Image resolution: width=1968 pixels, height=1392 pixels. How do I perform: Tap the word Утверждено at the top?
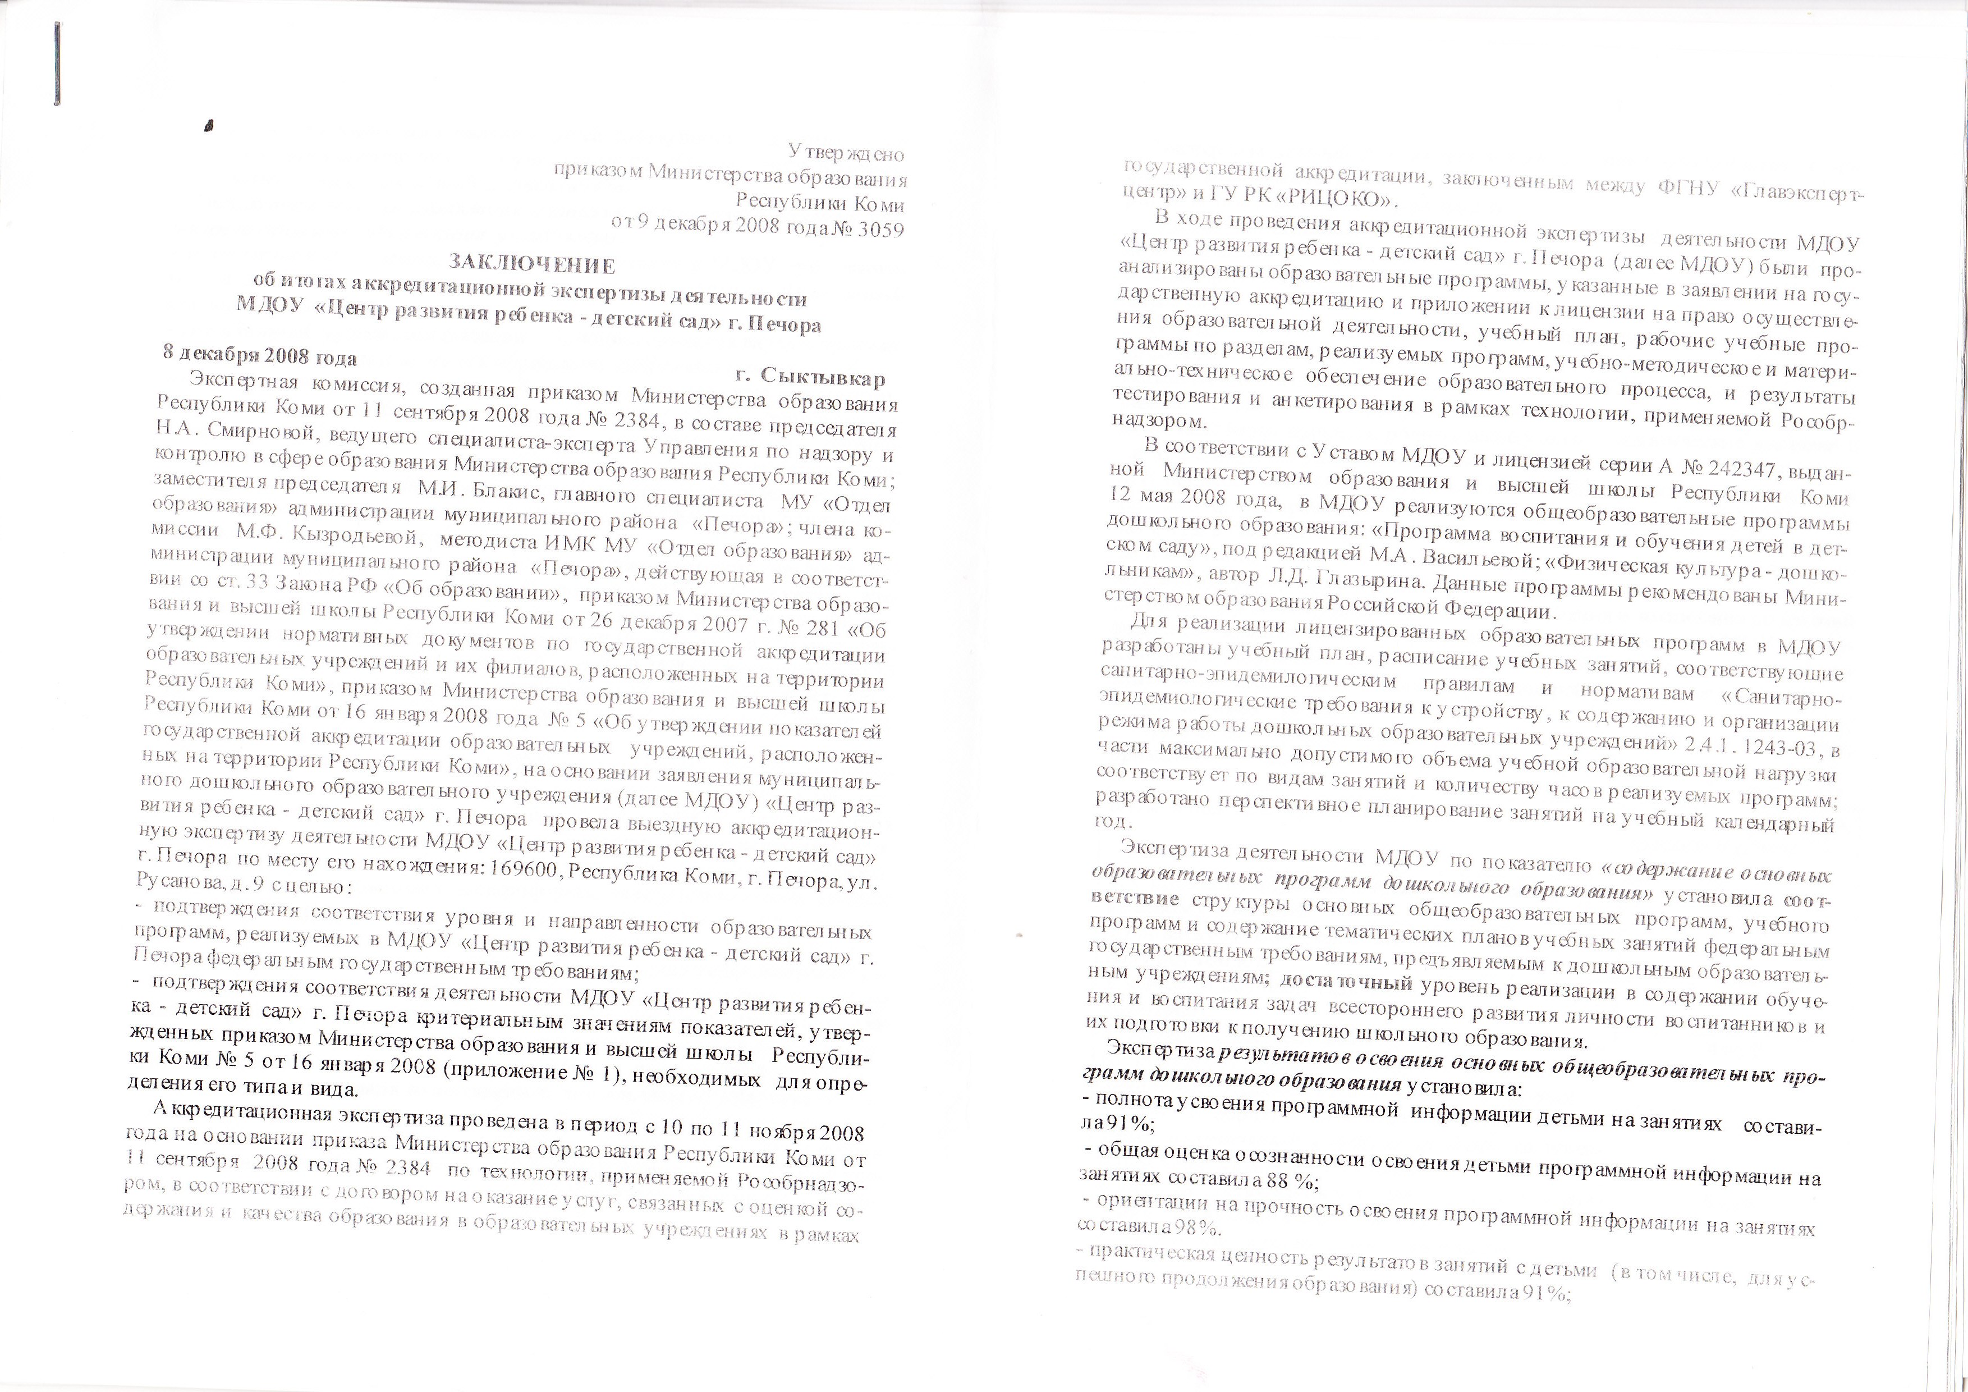coord(846,154)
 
